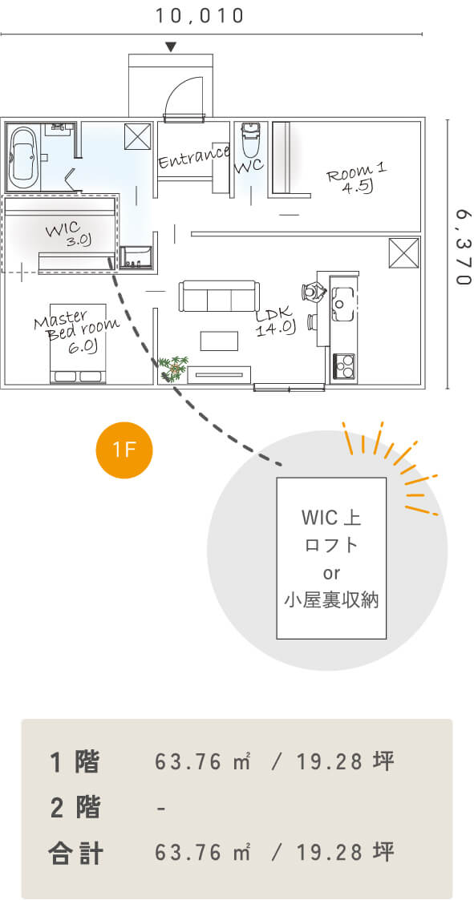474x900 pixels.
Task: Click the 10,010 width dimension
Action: (x=200, y=16)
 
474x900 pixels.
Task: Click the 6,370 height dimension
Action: (x=463, y=247)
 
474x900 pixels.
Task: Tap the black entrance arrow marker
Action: (x=170, y=46)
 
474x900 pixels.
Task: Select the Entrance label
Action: (x=193, y=157)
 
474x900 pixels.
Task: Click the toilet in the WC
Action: (x=250, y=139)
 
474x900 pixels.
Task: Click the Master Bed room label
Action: (x=75, y=333)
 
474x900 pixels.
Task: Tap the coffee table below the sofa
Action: (x=219, y=341)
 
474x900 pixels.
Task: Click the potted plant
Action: (x=173, y=367)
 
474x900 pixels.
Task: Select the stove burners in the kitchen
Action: (x=344, y=365)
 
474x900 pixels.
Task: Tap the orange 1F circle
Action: (x=124, y=450)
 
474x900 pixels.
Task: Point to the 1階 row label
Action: (x=75, y=762)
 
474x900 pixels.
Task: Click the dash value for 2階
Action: (x=161, y=808)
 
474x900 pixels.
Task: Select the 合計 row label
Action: (x=76, y=853)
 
